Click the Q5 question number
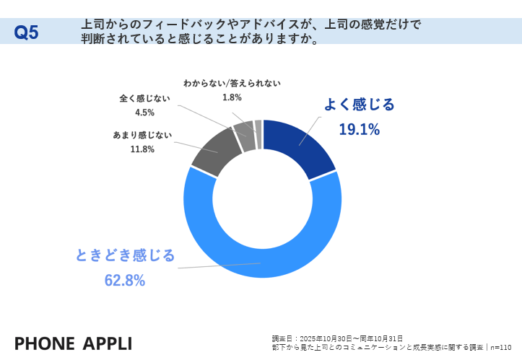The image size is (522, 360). point(27,32)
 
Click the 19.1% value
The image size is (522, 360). point(359,129)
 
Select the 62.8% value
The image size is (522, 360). point(125,280)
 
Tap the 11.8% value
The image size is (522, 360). point(142,149)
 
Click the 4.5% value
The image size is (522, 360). point(144,112)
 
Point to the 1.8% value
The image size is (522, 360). point(232,97)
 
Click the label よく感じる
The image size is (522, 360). point(359,105)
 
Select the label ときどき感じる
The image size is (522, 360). point(125,255)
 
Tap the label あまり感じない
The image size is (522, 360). point(142,135)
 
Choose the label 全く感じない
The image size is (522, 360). point(144,98)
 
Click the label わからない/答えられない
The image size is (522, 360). point(232,83)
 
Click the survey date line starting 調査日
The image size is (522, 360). point(337,338)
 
